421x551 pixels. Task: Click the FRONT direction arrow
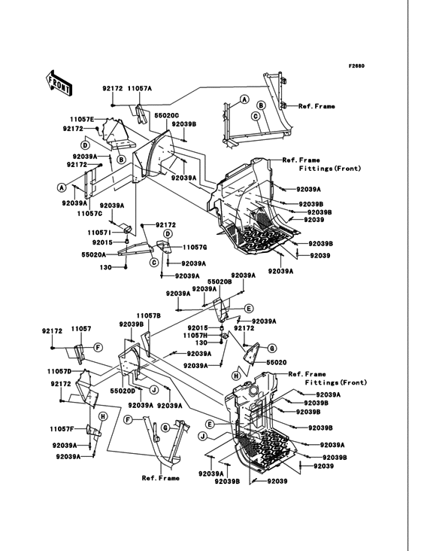pyautogui.click(x=59, y=83)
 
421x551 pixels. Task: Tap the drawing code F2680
pyautogui.click(x=356, y=65)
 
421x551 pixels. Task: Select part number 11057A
pyautogui.click(x=139, y=89)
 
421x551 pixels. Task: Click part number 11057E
pyautogui.click(x=82, y=120)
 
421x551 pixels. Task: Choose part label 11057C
pyautogui.click(x=89, y=213)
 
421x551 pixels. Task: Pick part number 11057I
pyautogui.click(x=100, y=233)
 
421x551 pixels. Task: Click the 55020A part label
pyautogui.click(x=94, y=255)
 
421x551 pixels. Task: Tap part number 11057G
pyautogui.click(x=195, y=248)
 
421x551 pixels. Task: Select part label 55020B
pyautogui.click(x=220, y=282)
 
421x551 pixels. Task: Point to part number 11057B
pyautogui.click(x=149, y=316)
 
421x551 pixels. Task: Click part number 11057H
pyautogui.click(x=195, y=336)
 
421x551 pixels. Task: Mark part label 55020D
pyautogui.click(x=123, y=391)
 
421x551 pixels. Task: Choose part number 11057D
pyautogui.click(x=59, y=371)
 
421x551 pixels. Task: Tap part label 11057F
pyautogui.click(x=62, y=429)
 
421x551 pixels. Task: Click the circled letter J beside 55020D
pyautogui.click(x=153, y=389)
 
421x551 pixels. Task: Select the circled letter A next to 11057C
pyautogui.click(x=62, y=187)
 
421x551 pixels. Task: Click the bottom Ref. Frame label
pyautogui.click(x=161, y=478)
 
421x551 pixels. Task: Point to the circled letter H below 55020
pyautogui.click(x=236, y=376)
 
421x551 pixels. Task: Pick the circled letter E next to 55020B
pyautogui.click(x=248, y=309)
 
